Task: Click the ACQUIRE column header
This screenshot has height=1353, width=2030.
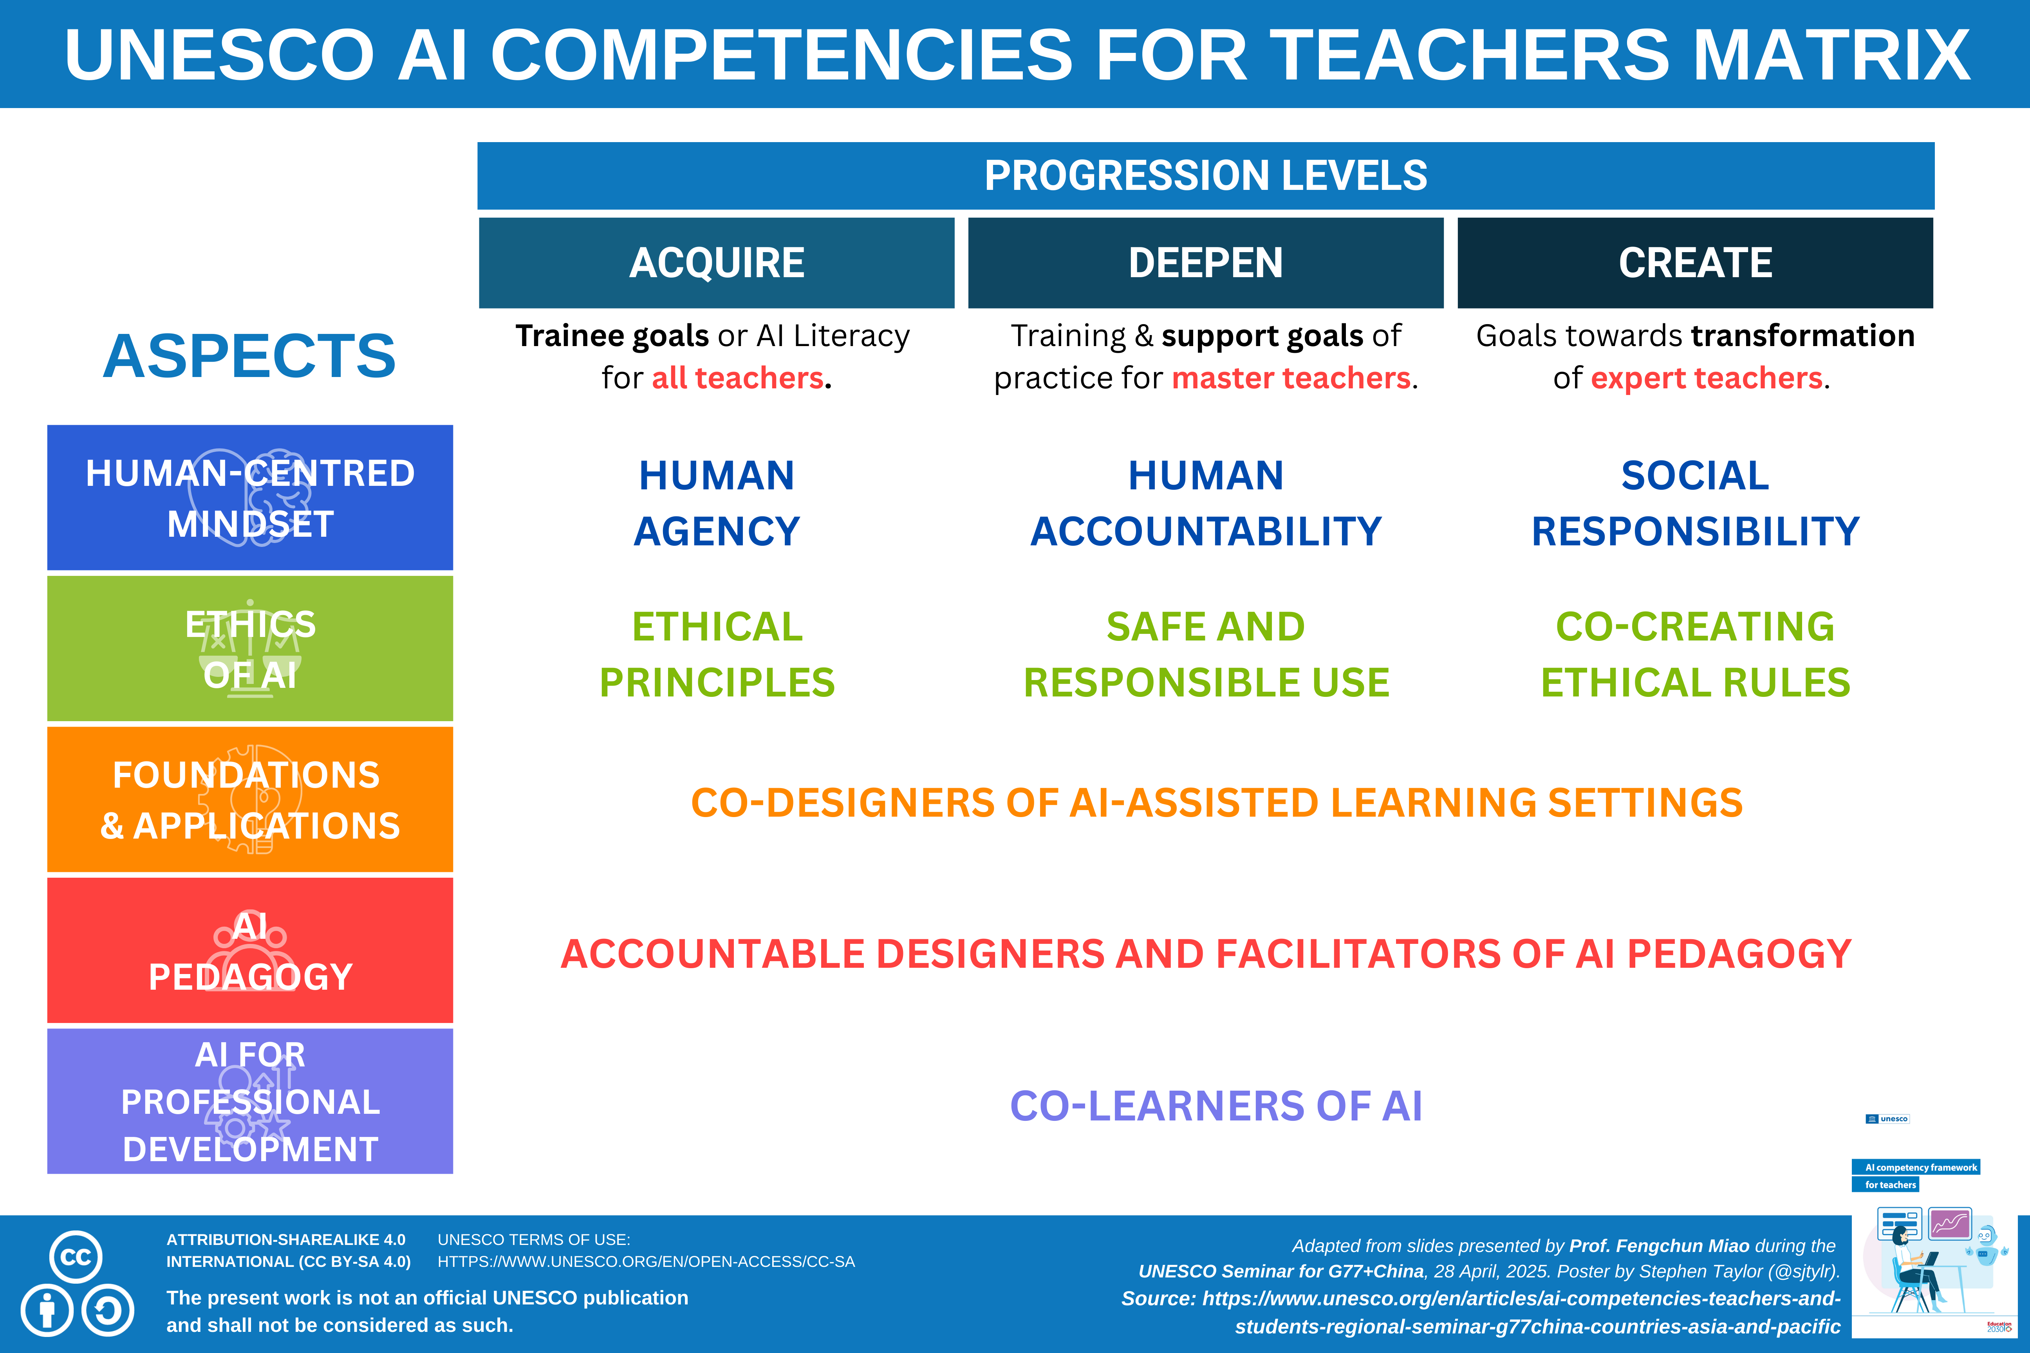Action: [x=716, y=262]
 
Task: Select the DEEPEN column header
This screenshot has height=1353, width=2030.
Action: [x=1206, y=262]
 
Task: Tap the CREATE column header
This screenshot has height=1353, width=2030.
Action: [x=1695, y=262]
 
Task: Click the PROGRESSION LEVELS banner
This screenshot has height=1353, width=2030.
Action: [x=1206, y=175]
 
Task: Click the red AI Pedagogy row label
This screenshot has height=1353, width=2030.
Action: [x=250, y=950]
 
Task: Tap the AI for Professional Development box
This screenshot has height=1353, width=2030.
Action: [x=250, y=1101]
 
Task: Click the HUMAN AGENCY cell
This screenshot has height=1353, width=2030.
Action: [x=716, y=503]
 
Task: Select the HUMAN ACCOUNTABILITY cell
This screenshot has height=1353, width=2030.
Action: [x=1206, y=503]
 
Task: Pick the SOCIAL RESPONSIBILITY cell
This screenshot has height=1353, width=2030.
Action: [x=1695, y=503]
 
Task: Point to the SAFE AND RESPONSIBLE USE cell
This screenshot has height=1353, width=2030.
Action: [x=1206, y=654]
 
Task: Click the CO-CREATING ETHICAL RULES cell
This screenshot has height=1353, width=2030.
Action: [x=1695, y=654]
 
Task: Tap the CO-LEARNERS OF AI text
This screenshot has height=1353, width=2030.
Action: [x=1216, y=1105]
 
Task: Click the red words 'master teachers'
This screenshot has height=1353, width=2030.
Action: [x=1291, y=378]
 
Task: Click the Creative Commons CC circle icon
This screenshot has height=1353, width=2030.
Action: [x=76, y=1256]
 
